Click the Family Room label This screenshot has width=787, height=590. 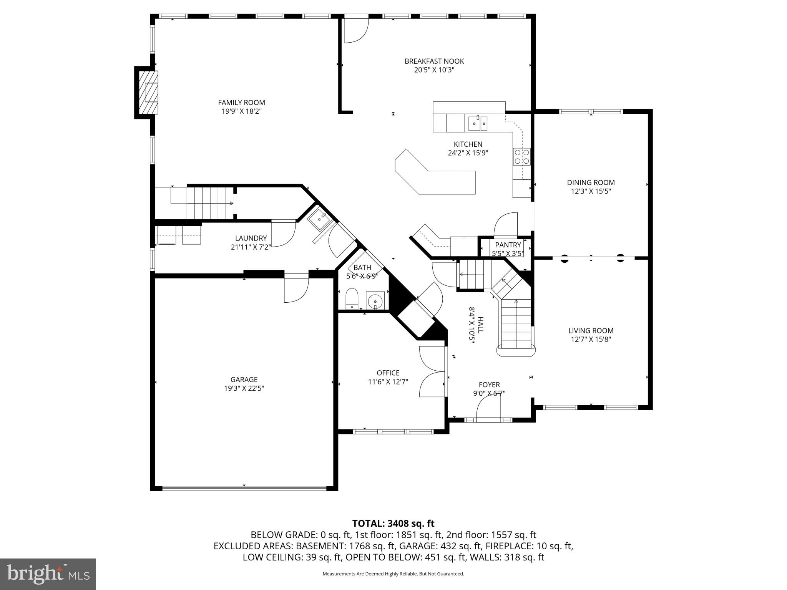click(241, 103)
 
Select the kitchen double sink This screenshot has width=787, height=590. click(478, 123)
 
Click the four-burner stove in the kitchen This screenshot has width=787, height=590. click(522, 157)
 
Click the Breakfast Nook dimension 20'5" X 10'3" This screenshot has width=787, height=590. click(434, 70)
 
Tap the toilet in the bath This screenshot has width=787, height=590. click(352, 299)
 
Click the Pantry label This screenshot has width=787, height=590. click(508, 245)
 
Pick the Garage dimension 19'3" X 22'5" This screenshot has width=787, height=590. click(244, 388)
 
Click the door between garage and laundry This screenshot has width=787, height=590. click(296, 288)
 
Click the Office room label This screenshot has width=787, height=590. click(388, 373)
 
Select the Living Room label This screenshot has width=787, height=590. click(591, 330)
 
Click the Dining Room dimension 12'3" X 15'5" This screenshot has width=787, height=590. click(591, 191)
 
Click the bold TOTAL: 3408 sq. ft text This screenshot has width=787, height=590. click(393, 523)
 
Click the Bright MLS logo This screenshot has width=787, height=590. click(48, 574)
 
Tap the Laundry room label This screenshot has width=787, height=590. click(251, 238)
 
